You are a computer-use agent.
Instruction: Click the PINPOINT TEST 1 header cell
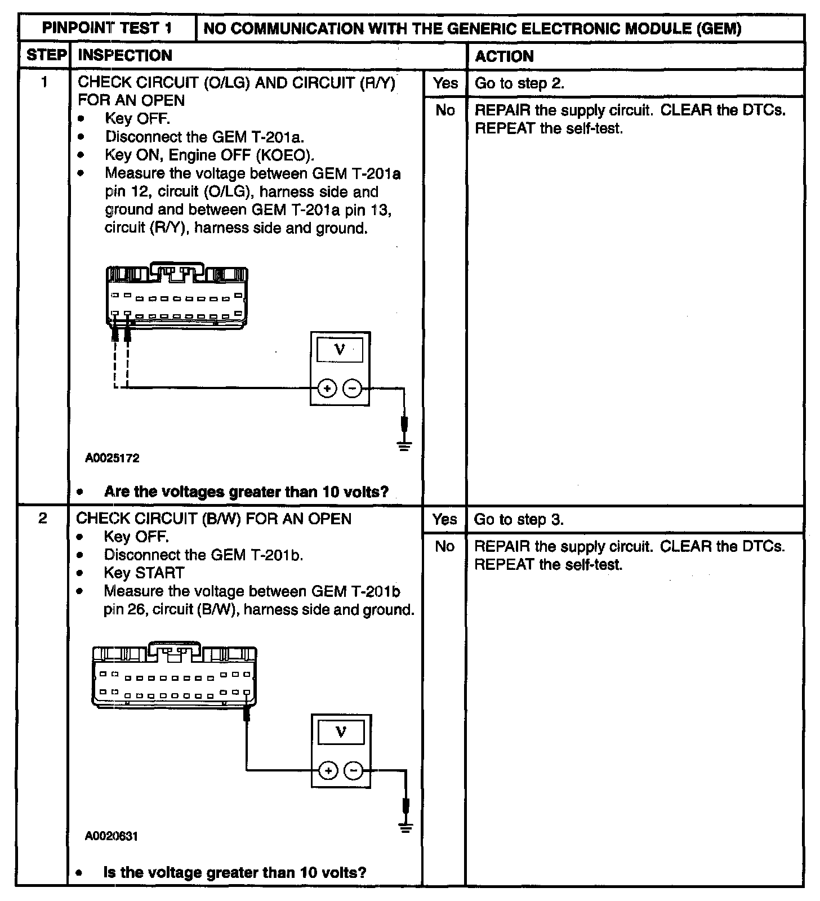pos(107,28)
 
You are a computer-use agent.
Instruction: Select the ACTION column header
pos(504,56)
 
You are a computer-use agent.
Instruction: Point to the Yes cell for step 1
pos(445,83)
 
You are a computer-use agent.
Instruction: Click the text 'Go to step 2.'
pos(519,83)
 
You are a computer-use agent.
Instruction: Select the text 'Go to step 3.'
pos(519,519)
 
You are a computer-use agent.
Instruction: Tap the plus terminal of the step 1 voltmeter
pos(327,388)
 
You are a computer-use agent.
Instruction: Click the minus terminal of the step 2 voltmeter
pos(354,770)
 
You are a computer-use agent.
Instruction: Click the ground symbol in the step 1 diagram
pos(404,446)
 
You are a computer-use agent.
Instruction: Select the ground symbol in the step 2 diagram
pos(405,827)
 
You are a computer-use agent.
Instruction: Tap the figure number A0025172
pos(112,458)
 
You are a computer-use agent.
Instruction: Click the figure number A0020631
pos(112,836)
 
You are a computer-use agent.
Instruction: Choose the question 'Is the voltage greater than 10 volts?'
pos(235,872)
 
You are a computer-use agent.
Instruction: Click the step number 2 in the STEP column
pos(42,518)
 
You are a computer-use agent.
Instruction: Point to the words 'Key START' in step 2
pos(144,573)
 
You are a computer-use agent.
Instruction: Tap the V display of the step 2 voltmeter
pos(340,732)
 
